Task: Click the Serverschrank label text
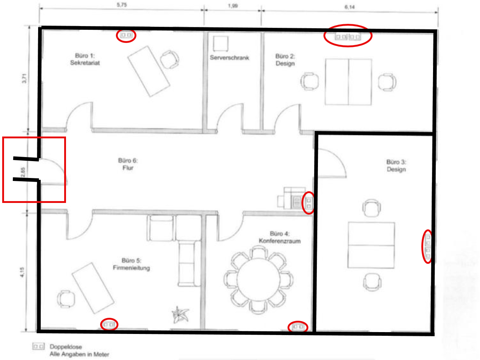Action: (230, 58)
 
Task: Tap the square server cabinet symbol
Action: (221, 44)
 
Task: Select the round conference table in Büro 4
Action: (258, 280)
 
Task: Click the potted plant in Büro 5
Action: (180, 315)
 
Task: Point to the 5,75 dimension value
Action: (122, 5)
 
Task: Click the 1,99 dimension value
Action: (233, 6)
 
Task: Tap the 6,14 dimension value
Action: (349, 7)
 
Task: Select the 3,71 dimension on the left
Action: (24, 78)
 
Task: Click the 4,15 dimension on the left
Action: (22, 272)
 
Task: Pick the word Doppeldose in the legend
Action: (66, 347)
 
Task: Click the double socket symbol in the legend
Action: (39, 346)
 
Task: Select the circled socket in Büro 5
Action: (109, 324)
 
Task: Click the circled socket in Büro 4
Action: (298, 327)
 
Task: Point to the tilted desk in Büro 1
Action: (149, 71)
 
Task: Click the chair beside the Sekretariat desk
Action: (169, 59)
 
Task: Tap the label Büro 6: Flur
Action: (128, 164)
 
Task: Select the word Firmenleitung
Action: (131, 268)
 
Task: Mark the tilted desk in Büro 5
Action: (93, 288)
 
